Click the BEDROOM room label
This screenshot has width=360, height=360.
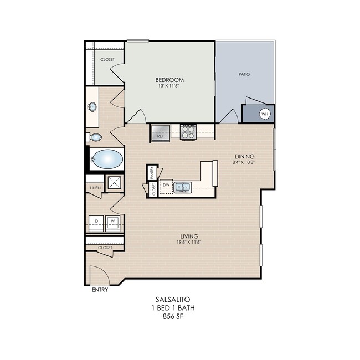click(x=169, y=80)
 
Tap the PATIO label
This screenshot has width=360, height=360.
click(x=244, y=74)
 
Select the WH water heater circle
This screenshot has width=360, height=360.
click(x=265, y=114)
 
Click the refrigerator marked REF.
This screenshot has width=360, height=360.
click(x=161, y=132)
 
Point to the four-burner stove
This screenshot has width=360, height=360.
click(x=188, y=132)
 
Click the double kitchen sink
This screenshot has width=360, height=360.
click(x=183, y=187)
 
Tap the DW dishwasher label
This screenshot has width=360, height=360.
click(x=166, y=185)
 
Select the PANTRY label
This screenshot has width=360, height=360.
click(x=152, y=173)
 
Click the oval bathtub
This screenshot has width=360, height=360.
click(x=107, y=159)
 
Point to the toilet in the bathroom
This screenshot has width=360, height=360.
click(x=94, y=137)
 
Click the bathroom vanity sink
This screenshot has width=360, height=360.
click(x=92, y=107)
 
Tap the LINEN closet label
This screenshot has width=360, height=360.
click(x=95, y=188)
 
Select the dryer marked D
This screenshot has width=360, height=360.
click(x=96, y=223)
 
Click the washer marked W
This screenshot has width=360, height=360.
click(x=113, y=223)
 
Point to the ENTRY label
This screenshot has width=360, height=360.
click(x=100, y=290)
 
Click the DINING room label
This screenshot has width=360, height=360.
click(x=244, y=156)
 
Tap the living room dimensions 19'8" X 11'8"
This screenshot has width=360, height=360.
click(x=189, y=242)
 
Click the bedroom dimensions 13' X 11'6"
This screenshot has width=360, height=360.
click(x=168, y=86)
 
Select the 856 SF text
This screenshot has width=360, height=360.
click(x=173, y=316)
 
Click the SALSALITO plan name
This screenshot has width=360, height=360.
click(x=173, y=300)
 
